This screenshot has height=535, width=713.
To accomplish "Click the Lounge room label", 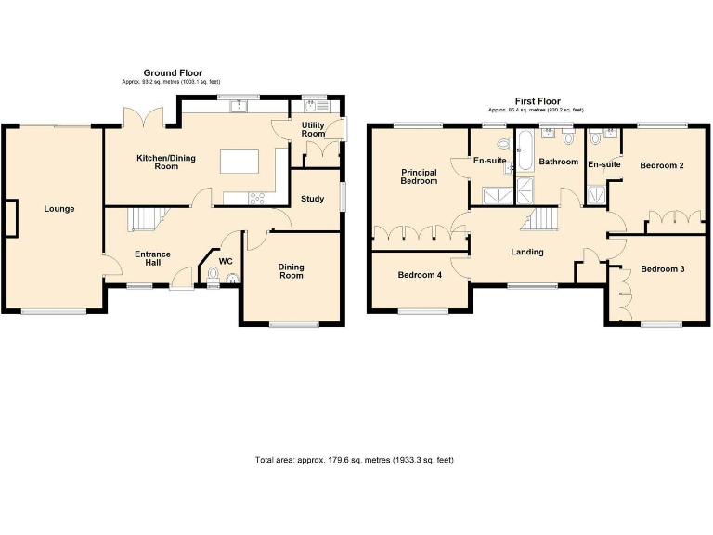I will (58, 209).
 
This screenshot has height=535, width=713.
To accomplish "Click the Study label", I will (312, 199).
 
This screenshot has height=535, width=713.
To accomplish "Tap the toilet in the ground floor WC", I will (214, 274).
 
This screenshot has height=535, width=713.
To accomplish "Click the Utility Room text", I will (313, 129).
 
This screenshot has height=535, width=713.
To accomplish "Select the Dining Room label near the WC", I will (292, 270).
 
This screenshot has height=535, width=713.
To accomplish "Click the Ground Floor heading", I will (172, 72).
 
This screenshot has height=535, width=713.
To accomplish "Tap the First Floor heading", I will (538, 101).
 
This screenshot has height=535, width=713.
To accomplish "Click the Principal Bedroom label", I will (419, 176).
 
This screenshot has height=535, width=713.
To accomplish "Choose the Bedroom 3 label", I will (663, 269).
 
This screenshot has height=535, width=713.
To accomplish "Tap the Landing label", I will (527, 252).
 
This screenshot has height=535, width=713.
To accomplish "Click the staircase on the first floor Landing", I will (541, 219).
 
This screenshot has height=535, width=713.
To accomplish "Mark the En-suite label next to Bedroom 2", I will (603, 164).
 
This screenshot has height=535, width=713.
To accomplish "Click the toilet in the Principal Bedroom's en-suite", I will (502, 144).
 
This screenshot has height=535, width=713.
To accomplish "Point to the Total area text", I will (354, 460).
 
